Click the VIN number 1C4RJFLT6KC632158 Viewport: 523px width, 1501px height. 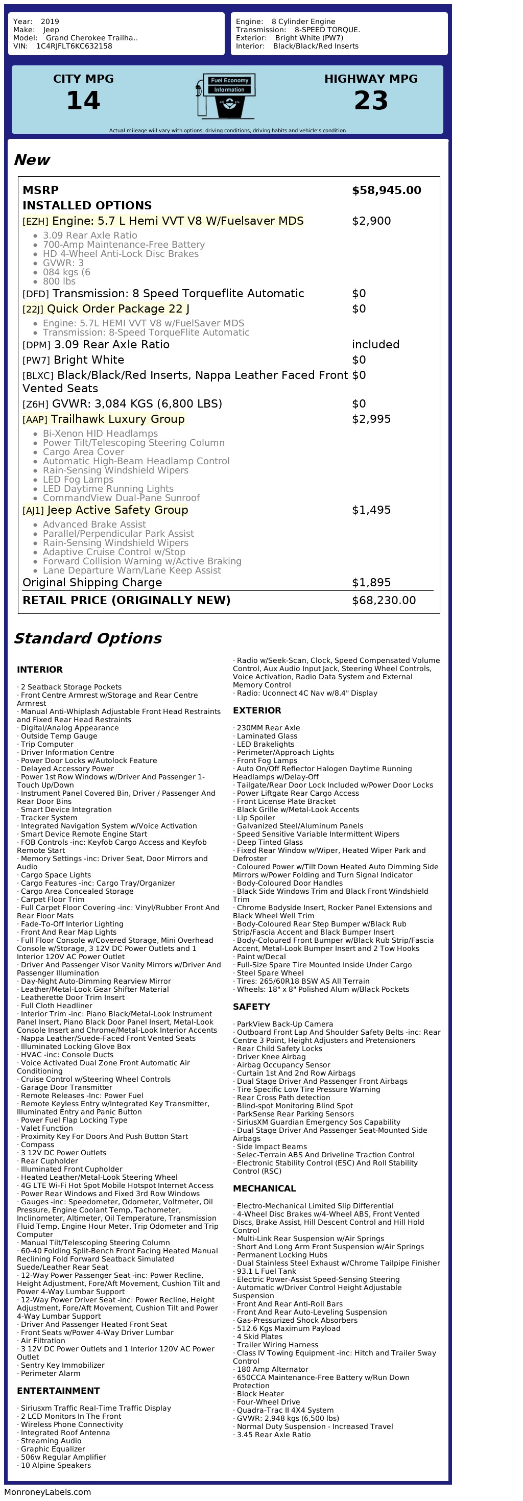click(x=74, y=46)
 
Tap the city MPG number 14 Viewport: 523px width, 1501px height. click(x=83, y=101)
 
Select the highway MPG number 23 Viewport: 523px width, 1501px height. click(x=371, y=101)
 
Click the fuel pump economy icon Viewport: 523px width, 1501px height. click(x=226, y=96)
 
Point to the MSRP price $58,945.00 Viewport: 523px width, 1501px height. click(x=386, y=190)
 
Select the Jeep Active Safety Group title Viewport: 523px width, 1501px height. click(x=117, y=510)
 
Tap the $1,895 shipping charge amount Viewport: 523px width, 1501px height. click(x=371, y=583)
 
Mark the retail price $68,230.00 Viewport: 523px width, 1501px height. click(x=384, y=601)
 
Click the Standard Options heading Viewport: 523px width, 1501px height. click(x=87, y=638)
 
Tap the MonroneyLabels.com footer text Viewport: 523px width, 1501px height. click(x=48, y=1492)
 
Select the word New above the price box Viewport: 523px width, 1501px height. click(x=32, y=160)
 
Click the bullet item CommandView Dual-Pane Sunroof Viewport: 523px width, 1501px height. click(x=121, y=498)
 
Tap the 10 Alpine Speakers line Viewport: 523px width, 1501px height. click(x=56, y=1465)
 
